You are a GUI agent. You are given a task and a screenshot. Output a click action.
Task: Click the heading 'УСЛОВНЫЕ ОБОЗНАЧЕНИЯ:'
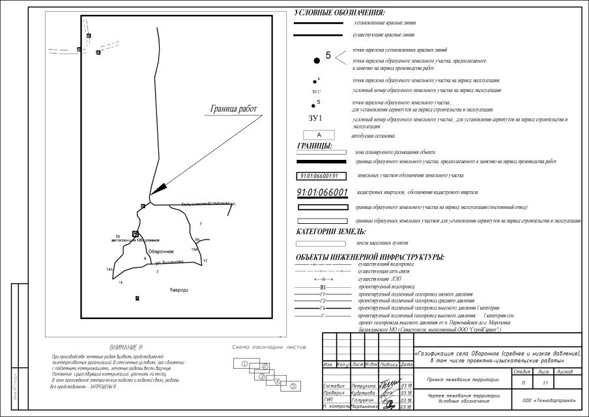click(x=339, y=12)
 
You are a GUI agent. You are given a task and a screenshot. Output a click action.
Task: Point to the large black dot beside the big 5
click(x=317, y=60)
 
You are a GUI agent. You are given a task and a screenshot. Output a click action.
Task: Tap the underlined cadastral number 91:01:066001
click(x=322, y=193)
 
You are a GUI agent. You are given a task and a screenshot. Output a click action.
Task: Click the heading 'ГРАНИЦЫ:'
click(x=315, y=146)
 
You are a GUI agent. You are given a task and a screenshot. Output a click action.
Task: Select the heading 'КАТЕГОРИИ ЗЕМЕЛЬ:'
click(x=331, y=232)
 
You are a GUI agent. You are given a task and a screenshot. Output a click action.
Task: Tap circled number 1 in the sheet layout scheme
click(x=244, y=363)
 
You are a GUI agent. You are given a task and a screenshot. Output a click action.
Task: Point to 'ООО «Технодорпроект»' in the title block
click(x=549, y=397)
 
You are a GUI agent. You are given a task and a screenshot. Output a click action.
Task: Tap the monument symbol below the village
click(x=137, y=298)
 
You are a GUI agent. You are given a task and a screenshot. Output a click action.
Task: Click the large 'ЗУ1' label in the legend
click(x=316, y=119)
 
